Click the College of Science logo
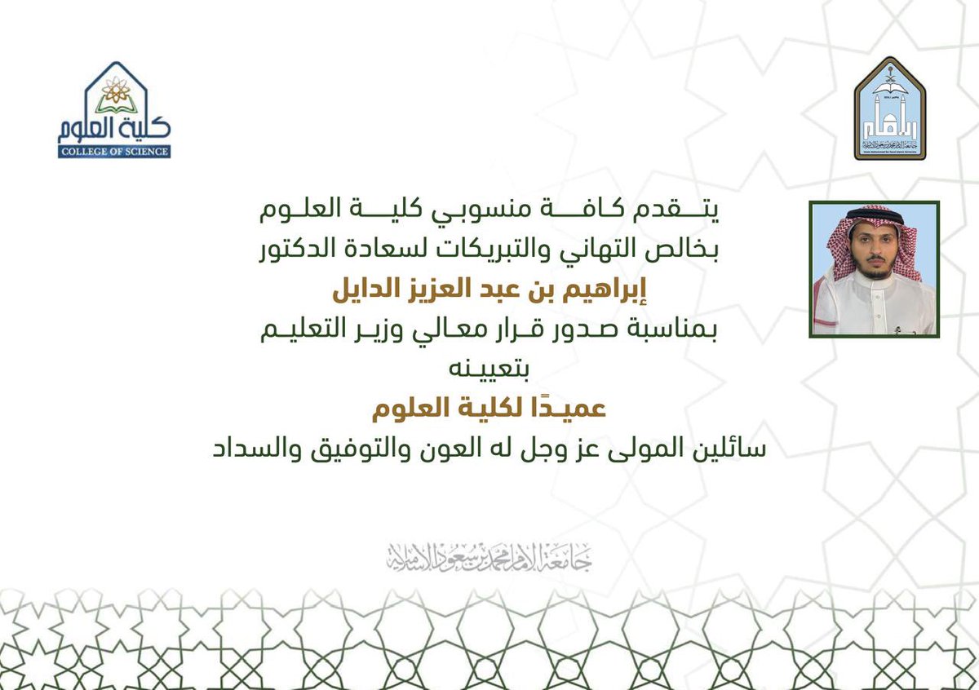click(114, 110)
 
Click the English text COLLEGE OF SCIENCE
click(114, 151)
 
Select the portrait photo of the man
click(875, 268)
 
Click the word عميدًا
click(576, 409)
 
